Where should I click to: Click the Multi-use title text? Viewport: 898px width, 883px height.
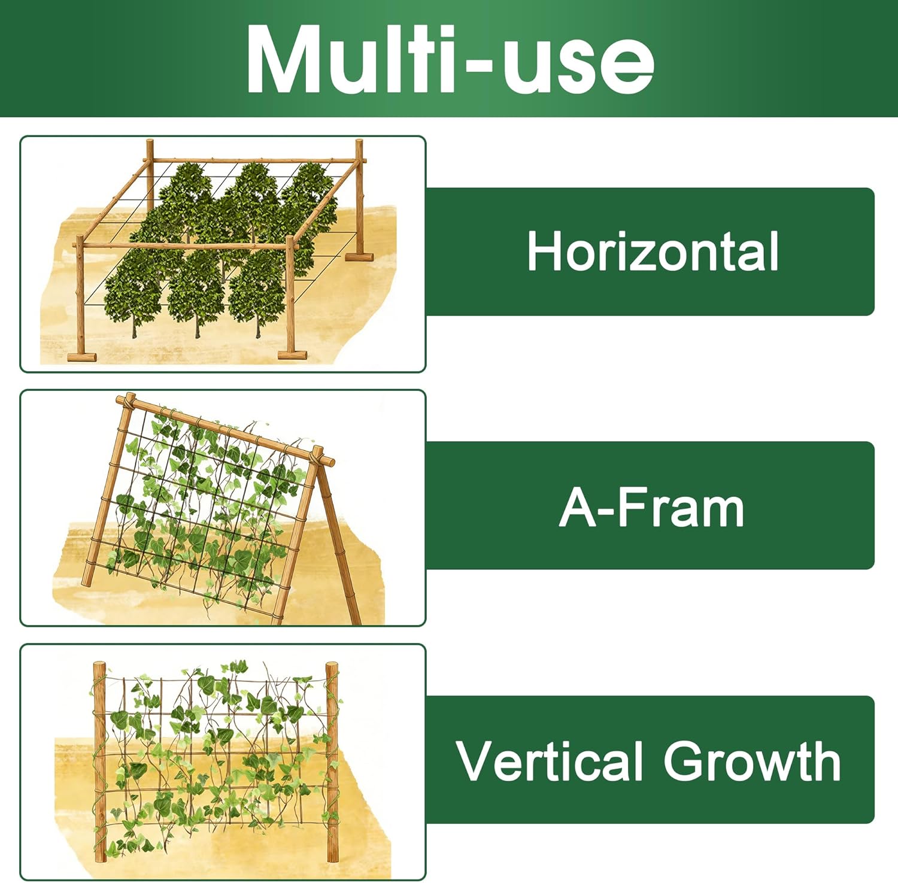(449, 60)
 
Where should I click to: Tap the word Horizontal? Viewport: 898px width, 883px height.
(653, 251)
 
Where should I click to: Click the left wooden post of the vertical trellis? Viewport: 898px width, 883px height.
(99, 760)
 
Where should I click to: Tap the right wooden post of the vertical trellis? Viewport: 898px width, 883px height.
(332, 760)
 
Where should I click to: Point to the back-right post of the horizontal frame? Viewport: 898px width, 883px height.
(359, 198)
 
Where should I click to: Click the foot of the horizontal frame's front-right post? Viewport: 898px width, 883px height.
(292, 355)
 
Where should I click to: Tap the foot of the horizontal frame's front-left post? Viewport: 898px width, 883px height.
(81, 357)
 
